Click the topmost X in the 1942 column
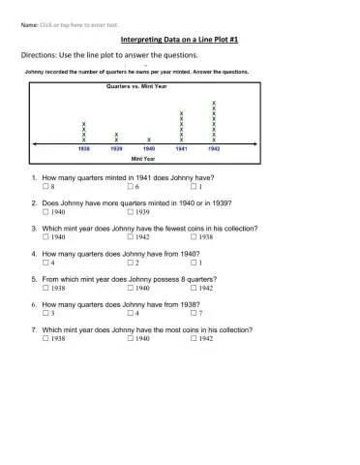pos(213,103)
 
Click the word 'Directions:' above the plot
pos(39,56)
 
